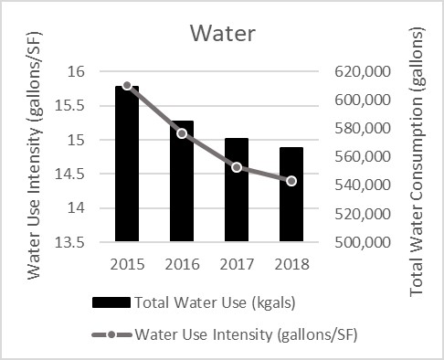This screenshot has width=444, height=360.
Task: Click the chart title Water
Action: [x=222, y=33]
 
